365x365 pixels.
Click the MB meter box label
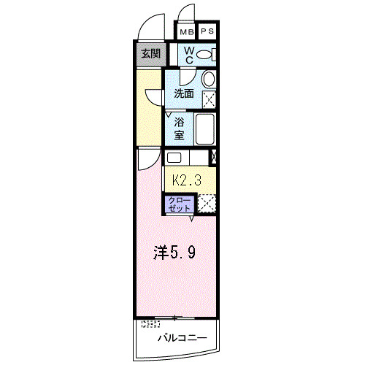(x=188, y=31)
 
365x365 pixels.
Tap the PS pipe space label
(x=207, y=31)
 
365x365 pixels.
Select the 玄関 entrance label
(x=151, y=53)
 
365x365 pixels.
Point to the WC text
(x=188, y=55)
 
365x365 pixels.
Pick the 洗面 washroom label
(x=183, y=93)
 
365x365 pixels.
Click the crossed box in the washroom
(x=209, y=99)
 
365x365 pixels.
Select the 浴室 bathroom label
(x=179, y=128)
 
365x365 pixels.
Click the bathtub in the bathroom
(x=204, y=129)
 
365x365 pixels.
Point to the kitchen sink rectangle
(x=175, y=157)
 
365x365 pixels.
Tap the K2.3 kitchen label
(x=186, y=179)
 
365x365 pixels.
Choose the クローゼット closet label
(x=179, y=203)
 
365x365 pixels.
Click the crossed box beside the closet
(x=207, y=203)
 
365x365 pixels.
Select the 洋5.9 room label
(x=174, y=253)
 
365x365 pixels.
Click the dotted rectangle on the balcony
(x=150, y=324)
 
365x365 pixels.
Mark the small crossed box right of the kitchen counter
(x=214, y=156)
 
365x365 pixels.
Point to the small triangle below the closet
(x=192, y=217)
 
